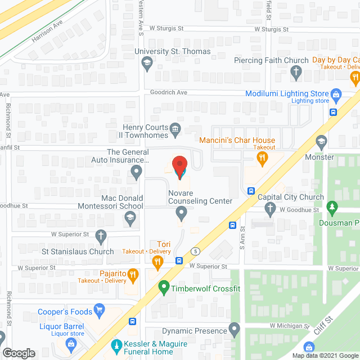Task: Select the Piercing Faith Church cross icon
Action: pyautogui.click(x=296, y=71)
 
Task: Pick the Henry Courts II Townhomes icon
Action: pyautogui.click(x=175, y=130)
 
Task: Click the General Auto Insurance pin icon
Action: pyautogui.click(x=136, y=170)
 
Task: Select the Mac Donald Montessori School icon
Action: pyautogui.click(x=130, y=218)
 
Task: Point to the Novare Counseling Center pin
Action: pyautogui.click(x=181, y=213)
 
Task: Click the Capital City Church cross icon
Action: pyautogui.click(x=270, y=209)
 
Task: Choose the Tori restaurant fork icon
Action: pyautogui.click(x=159, y=261)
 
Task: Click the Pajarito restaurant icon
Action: pyautogui.click(x=133, y=274)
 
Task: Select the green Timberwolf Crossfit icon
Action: pyautogui.click(x=164, y=289)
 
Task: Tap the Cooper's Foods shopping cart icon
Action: pyautogui.click(x=100, y=309)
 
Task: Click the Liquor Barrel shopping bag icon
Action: pyautogui.click(x=71, y=343)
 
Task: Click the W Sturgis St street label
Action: pyautogui.click(x=271, y=29)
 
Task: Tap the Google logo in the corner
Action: pyautogui.click(x=19, y=353)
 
